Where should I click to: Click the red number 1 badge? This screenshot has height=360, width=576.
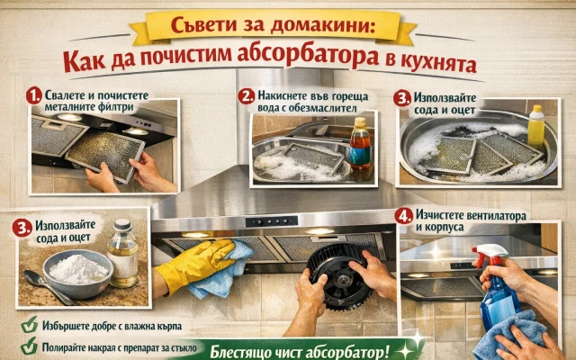pyautogui.click(x=34, y=96)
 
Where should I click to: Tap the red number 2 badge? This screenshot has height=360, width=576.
pyautogui.click(x=246, y=96)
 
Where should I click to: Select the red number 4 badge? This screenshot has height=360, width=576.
pyautogui.click(x=404, y=216)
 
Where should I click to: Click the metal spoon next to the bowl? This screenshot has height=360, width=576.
pyautogui.click(x=46, y=287)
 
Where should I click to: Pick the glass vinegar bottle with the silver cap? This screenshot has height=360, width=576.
pyautogui.click(x=122, y=253)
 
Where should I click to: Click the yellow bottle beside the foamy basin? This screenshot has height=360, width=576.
pyautogui.click(x=536, y=126)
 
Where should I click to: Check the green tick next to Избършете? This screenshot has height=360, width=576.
pyautogui.click(x=30, y=324)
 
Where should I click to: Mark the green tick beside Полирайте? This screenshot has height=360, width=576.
pyautogui.click(x=30, y=346)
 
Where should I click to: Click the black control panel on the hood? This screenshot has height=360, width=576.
pyautogui.click(x=272, y=221)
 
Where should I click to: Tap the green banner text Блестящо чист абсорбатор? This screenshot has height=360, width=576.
pyautogui.click(x=300, y=352)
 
